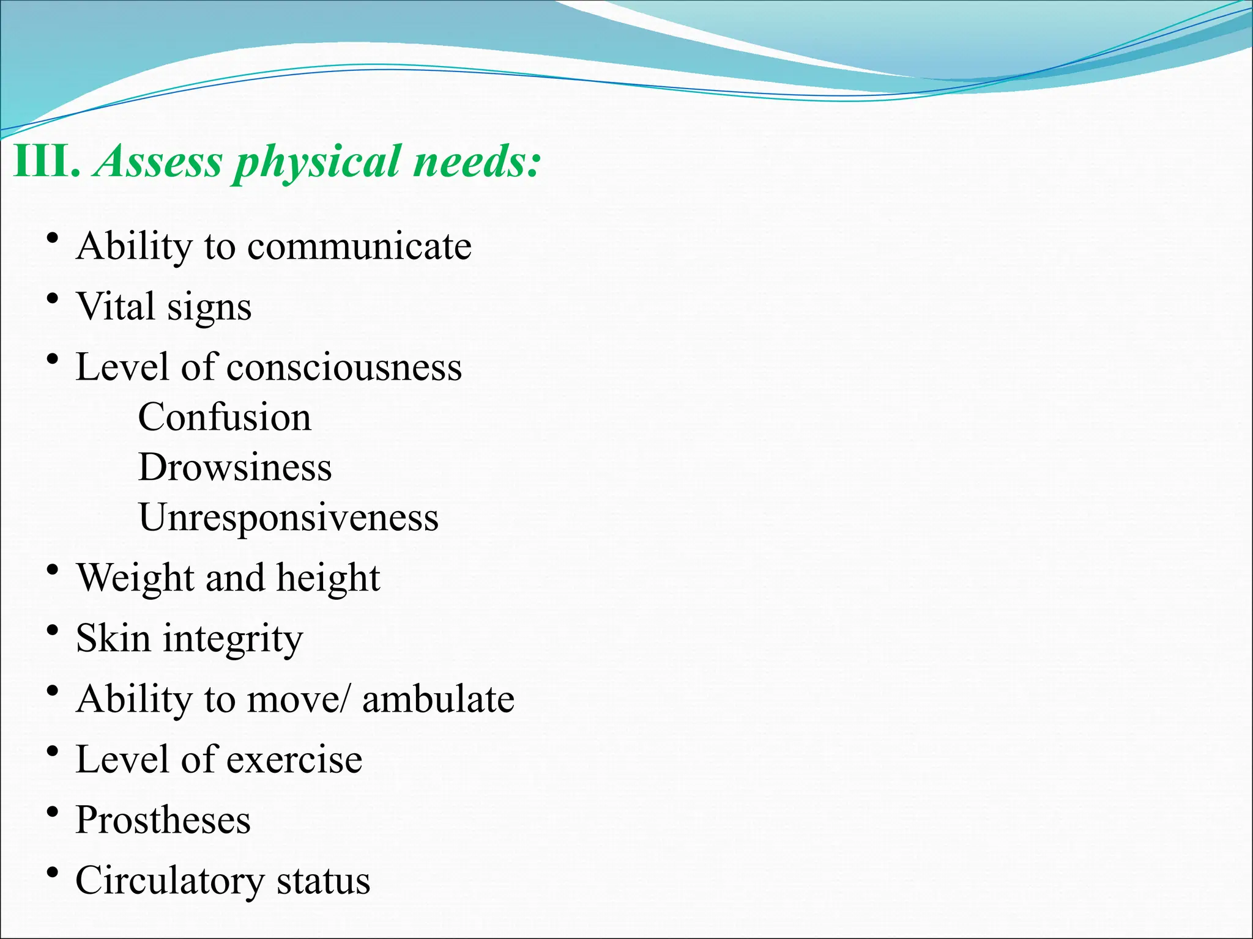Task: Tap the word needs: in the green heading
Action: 477,161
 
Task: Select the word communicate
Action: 359,246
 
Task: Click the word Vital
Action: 115,306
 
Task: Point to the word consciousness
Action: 344,367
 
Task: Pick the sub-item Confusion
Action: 225,418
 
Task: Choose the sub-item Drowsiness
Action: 235,468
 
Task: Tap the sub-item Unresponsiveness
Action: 288,518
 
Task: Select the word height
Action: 328,578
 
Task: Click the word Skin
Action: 113,638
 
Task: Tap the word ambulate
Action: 438,699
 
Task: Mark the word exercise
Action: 294,760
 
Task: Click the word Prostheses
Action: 163,820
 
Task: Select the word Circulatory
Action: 169,881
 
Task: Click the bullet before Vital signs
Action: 53,300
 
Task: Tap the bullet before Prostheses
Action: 53,812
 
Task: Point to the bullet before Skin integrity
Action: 53,631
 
